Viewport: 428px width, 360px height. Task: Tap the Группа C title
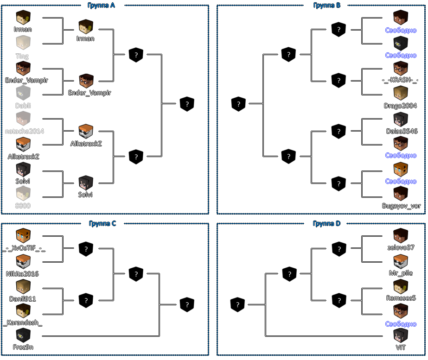102,223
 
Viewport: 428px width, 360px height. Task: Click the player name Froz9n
23,347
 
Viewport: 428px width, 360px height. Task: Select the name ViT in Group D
400,347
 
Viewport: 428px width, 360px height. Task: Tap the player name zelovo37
401,247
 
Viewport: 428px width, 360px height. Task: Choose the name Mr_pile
401,273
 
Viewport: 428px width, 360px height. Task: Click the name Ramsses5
401,298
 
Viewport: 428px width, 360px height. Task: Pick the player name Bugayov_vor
401,206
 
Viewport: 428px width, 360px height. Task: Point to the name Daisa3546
401,131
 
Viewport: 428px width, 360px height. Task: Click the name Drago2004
401,106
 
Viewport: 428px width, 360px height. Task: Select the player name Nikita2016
22,274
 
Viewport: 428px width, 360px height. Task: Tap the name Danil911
22,299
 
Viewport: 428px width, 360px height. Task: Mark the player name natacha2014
24,131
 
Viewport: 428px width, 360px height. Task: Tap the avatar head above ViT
400,335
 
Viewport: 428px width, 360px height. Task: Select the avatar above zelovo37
401,236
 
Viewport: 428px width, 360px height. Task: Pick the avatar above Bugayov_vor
401,194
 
